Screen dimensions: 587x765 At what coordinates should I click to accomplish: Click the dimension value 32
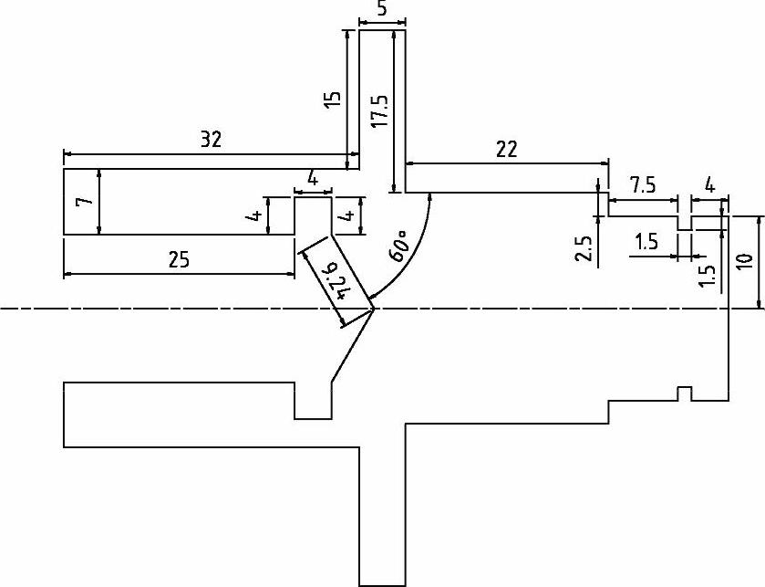(x=211, y=140)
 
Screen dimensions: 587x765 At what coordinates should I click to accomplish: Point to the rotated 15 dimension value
(x=333, y=99)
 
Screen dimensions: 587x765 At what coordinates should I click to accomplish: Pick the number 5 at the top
(x=381, y=7)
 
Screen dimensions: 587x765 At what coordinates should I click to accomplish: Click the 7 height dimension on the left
(x=83, y=202)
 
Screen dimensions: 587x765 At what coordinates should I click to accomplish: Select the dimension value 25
(x=179, y=259)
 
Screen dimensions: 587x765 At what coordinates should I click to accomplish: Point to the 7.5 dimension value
(x=642, y=185)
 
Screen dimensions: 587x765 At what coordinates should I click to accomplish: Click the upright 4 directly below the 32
(x=313, y=179)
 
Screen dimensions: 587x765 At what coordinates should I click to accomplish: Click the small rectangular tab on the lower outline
(x=683, y=393)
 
